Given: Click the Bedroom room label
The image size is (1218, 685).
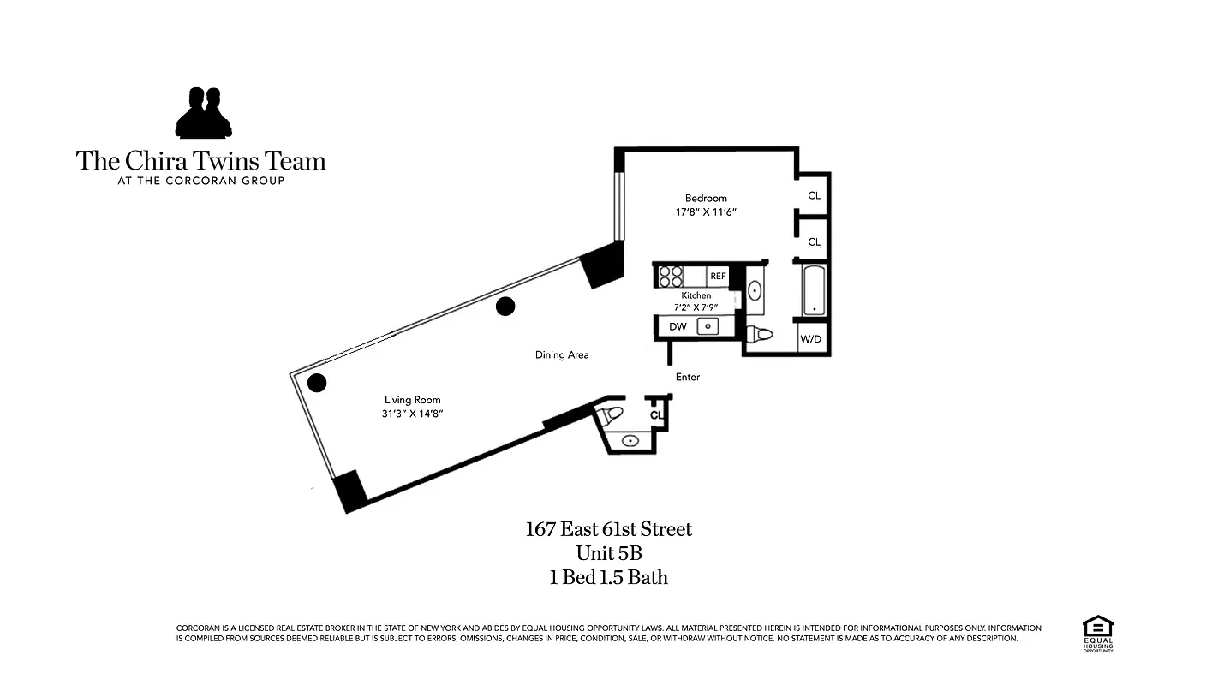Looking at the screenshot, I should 706,199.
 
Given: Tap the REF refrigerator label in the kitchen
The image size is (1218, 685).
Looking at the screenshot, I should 718,277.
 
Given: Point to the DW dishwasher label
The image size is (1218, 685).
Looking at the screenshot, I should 678,327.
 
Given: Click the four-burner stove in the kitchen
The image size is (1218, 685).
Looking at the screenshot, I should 671,277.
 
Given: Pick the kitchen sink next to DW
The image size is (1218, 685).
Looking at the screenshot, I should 708,326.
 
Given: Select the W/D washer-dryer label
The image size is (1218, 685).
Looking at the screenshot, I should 810,340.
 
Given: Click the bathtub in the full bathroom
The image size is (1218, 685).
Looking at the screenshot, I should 813,290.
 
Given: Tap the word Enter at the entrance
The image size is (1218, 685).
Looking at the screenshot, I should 688,377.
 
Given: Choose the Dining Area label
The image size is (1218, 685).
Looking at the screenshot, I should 562,354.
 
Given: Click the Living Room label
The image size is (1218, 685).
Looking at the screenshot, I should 413,400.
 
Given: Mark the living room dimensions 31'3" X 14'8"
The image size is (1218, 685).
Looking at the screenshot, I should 413,414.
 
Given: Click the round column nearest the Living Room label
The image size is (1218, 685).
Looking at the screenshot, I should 317,383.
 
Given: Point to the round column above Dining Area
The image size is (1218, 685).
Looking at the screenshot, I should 505,305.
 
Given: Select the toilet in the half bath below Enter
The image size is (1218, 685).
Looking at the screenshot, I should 611,416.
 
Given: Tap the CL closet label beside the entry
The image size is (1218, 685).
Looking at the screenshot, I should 656,415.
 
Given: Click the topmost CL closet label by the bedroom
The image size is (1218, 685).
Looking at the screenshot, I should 814,195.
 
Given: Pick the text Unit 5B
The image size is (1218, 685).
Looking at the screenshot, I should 608,553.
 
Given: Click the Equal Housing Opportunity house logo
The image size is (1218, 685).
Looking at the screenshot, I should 1097,630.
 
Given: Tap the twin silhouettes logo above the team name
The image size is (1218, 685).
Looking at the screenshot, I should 204,113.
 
